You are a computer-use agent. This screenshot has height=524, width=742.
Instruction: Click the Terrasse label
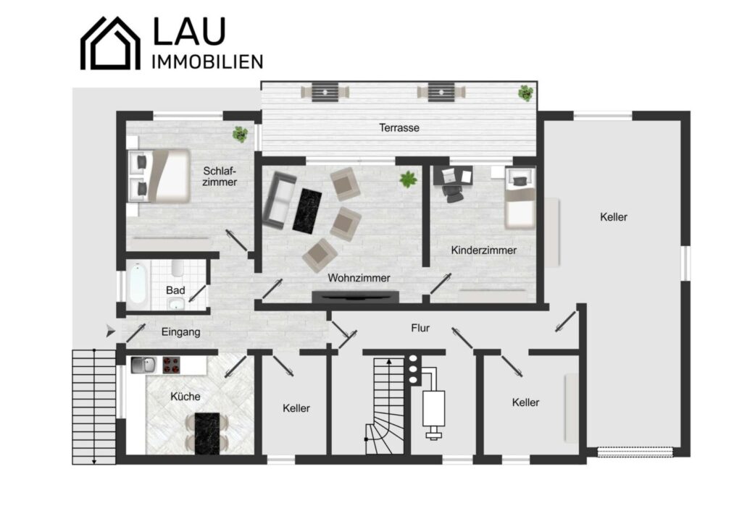click(x=399, y=127)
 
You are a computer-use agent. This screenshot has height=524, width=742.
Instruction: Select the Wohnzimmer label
click(x=359, y=278)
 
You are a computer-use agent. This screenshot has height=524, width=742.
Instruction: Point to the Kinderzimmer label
click(x=483, y=250)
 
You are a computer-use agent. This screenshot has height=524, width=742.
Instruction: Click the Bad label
click(x=175, y=290)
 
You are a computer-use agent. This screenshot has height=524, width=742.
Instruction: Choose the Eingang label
click(x=180, y=332)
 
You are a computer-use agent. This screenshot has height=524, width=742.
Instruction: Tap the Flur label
click(x=420, y=328)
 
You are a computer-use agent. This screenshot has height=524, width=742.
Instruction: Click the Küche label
click(x=185, y=396)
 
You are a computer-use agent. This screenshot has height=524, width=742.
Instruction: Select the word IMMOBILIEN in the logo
click(x=207, y=62)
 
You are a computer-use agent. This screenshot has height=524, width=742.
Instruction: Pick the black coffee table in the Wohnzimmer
click(x=307, y=209)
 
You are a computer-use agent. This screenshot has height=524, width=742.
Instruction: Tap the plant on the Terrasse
click(x=525, y=93)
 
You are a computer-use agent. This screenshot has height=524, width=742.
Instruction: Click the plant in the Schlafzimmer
click(x=240, y=134)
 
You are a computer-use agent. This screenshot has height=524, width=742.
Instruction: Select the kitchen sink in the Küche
click(x=143, y=365)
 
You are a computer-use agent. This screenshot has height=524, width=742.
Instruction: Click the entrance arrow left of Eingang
click(x=110, y=331)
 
